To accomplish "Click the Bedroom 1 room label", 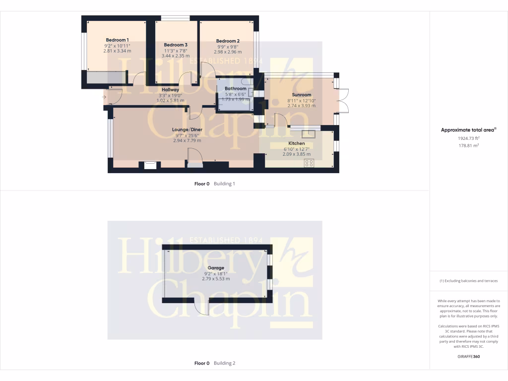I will [117, 40].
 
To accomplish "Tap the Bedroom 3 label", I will [176, 45].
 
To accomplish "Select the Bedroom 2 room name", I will [228, 41].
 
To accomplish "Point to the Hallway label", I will [170, 90].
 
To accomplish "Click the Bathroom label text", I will [235, 89].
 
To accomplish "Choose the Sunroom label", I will [302, 95].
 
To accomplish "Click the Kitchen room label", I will [297, 143].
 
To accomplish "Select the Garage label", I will [215, 268].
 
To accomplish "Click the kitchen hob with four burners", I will [309, 163].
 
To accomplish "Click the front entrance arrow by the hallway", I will [104, 96].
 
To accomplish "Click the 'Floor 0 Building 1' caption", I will [214, 184].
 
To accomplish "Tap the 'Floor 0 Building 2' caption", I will [214, 363].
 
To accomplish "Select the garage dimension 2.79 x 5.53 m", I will [216, 279].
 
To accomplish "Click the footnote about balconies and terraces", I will [468, 281].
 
